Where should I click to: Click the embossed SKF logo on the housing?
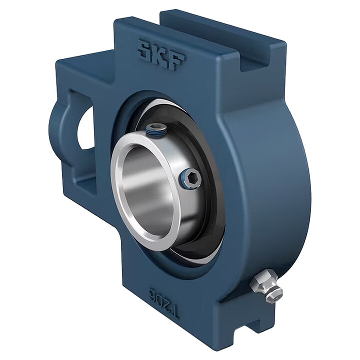click(x=161, y=55)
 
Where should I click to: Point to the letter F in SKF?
click(x=177, y=61)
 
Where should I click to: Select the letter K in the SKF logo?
click(x=160, y=55)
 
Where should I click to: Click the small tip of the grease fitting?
click(x=276, y=296)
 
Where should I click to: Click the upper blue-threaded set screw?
click(x=156, y=130)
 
